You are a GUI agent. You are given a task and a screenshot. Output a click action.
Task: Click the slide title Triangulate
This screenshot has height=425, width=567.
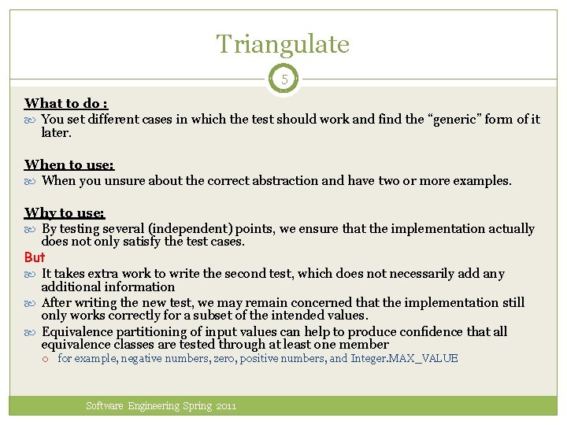click(283, 44)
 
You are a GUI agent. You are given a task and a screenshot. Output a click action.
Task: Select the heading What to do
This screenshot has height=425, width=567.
click(66, 103)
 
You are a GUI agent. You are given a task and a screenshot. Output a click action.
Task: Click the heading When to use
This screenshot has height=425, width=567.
click(69, 164)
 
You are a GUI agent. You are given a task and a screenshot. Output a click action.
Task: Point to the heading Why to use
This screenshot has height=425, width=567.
click(65, 213)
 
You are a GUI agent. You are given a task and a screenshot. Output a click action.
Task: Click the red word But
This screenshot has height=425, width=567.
click(35, 257)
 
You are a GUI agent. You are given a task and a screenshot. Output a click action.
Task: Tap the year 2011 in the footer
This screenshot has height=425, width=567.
click(225, 406)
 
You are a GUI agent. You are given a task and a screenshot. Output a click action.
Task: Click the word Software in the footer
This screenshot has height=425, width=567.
click(105, 406)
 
